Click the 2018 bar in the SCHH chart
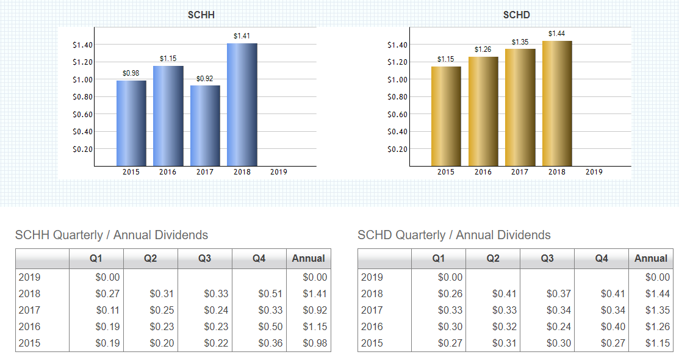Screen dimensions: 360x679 point(242,104)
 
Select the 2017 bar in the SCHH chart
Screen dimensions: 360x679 point(205,126)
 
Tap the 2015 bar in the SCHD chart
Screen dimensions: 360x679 point(446,116)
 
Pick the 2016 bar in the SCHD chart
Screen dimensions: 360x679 point(483,111)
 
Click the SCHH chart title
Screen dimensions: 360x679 point(201,15)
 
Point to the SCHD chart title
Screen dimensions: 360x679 point(516,15)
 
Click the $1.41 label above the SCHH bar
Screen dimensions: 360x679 point(242,36)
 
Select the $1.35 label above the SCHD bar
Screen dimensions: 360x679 point(520,41)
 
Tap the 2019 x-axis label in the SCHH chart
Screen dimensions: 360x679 point(279,172)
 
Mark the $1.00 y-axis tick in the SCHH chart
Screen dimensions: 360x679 point(82,79)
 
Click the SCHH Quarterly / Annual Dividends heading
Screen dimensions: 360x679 point(112,235)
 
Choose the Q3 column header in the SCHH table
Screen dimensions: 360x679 point(205,259)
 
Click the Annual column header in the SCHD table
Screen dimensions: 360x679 point(651,259)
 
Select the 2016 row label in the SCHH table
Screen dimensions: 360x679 point(30,326)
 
